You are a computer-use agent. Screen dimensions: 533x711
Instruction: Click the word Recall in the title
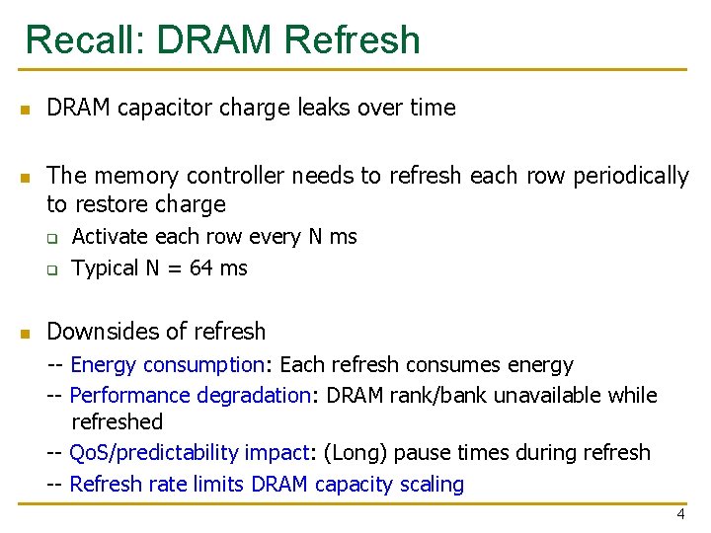coord(82,39)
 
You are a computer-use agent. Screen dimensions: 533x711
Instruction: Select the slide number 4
coord(680,514)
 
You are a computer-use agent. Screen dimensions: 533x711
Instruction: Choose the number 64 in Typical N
coord(201,267)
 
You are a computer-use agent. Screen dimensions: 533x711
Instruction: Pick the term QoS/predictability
coord(188,453)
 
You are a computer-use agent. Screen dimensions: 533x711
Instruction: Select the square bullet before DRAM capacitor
coord(28,109)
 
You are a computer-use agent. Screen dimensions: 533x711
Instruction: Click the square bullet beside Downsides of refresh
coord(28,332)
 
